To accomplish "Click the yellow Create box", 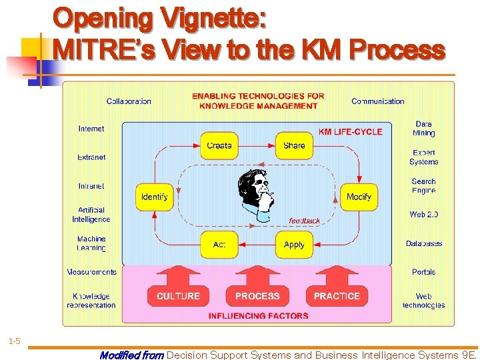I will tap(219, 145).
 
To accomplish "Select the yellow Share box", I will tap(294, 145).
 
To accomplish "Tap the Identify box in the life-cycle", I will tap(155, 197).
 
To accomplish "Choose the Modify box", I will tap(359, 197).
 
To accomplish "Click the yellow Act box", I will tap(219, 245).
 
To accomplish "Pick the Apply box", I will tap(294, 245).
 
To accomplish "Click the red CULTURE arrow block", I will tap(178, 291).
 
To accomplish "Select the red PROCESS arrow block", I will tap(257, 291).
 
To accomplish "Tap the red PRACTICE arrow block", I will tap(337, 291).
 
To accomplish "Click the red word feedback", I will tap(304, 221).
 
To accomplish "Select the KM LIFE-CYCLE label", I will tap(350, 132).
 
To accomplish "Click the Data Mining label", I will tap(423, 129).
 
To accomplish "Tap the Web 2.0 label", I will tap(423, 215).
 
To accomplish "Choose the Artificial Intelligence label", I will tap(91, 215).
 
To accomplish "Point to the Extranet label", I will tap(91, 157).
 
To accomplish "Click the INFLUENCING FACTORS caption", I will tap(258, 316).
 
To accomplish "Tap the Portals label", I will tap(423, 272).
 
